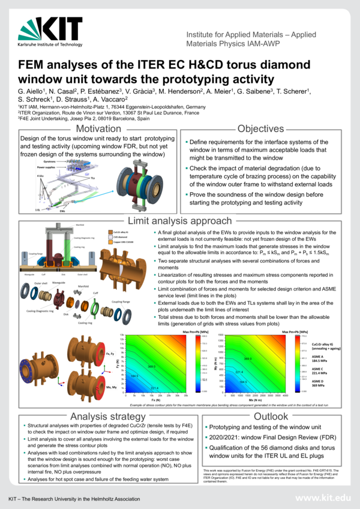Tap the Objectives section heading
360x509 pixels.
pyautogui.click(x=265, y=129)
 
